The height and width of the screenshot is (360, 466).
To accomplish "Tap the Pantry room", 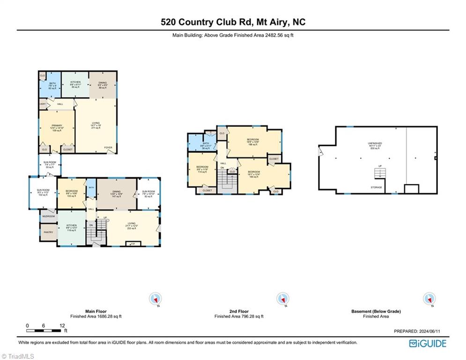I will (48, 232).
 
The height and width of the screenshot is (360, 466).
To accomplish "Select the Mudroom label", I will (48, 216).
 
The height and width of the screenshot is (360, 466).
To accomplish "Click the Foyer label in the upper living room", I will (108, 147).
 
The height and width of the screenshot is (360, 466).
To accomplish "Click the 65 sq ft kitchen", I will (75, 84).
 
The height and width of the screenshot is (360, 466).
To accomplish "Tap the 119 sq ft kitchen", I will (71, 228).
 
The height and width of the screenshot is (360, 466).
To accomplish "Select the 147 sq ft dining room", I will (116, 194).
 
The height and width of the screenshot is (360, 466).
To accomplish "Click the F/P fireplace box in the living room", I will (133, 243).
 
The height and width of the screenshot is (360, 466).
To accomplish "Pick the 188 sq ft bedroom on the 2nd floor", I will (253, 142).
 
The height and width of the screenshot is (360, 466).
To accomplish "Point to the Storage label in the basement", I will (377, 187).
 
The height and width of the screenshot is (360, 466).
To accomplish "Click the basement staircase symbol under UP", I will (380, 174).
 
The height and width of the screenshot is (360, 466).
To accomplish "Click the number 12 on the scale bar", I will (62, 325).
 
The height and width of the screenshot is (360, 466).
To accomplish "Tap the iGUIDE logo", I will (427, 343).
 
